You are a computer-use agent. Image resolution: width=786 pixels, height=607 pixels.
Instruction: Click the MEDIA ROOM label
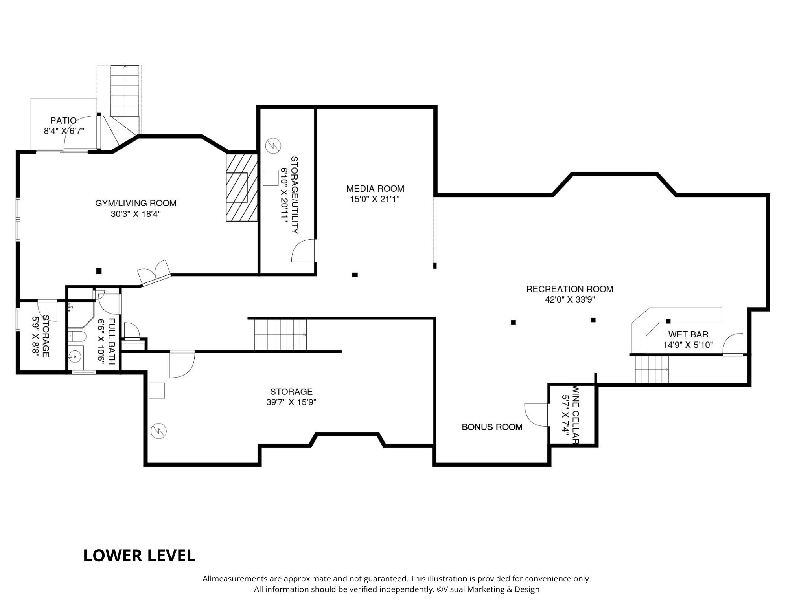375,189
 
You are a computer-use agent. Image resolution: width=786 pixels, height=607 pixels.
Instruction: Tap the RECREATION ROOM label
570,289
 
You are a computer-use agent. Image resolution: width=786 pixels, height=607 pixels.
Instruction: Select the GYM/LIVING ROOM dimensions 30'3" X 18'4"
136,214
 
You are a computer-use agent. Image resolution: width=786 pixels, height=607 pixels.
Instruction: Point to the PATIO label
63,120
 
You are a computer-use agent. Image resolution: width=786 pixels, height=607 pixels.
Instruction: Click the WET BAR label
688,334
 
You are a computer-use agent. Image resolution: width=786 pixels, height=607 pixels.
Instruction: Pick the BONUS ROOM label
492,427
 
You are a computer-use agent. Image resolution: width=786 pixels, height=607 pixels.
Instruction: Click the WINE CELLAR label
576,414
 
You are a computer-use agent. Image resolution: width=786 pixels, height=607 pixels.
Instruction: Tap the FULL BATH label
111,341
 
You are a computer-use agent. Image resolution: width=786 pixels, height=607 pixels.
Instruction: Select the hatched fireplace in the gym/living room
241,187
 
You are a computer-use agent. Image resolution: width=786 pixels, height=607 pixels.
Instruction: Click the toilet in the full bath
77,336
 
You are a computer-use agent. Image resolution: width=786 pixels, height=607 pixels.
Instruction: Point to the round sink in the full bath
74,357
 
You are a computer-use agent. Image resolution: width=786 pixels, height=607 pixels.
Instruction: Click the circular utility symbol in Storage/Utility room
272,145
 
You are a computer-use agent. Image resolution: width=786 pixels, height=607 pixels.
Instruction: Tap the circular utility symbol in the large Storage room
159,431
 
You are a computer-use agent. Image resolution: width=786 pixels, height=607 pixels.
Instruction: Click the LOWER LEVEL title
139,556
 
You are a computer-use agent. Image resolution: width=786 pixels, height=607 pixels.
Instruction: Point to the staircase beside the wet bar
652,369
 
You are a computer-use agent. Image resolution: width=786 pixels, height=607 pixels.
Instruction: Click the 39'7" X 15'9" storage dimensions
291,402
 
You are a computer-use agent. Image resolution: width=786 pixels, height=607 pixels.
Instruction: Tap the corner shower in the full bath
81,314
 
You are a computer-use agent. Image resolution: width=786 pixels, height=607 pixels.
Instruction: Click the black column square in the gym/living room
99,271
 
